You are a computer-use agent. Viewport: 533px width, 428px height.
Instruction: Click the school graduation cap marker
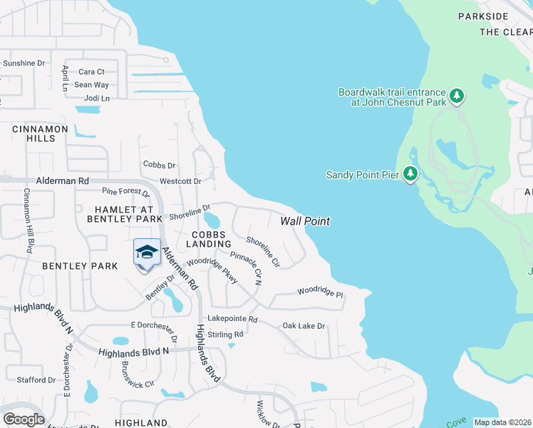[147, 253]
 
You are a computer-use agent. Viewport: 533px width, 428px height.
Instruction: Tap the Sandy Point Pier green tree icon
[410, 173]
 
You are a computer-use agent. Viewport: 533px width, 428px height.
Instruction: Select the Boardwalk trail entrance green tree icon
[457, 95]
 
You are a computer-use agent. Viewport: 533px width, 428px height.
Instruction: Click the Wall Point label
[305, 221]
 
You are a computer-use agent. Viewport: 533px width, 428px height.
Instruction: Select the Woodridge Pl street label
[320, 292]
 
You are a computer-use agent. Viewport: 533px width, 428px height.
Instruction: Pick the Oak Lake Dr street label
[304, 326]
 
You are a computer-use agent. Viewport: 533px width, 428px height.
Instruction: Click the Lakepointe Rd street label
[232, 319]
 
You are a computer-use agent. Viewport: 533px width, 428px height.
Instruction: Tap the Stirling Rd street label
[225, 334]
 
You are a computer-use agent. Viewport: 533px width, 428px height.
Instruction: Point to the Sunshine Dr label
[24, 63]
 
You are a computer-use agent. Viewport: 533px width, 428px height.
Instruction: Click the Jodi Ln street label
[97, 98]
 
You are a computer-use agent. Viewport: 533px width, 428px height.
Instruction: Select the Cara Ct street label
[91, 72]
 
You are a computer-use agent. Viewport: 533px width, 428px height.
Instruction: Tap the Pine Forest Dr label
[125, 193]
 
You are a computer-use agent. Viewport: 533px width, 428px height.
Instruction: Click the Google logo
[24, 419]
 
